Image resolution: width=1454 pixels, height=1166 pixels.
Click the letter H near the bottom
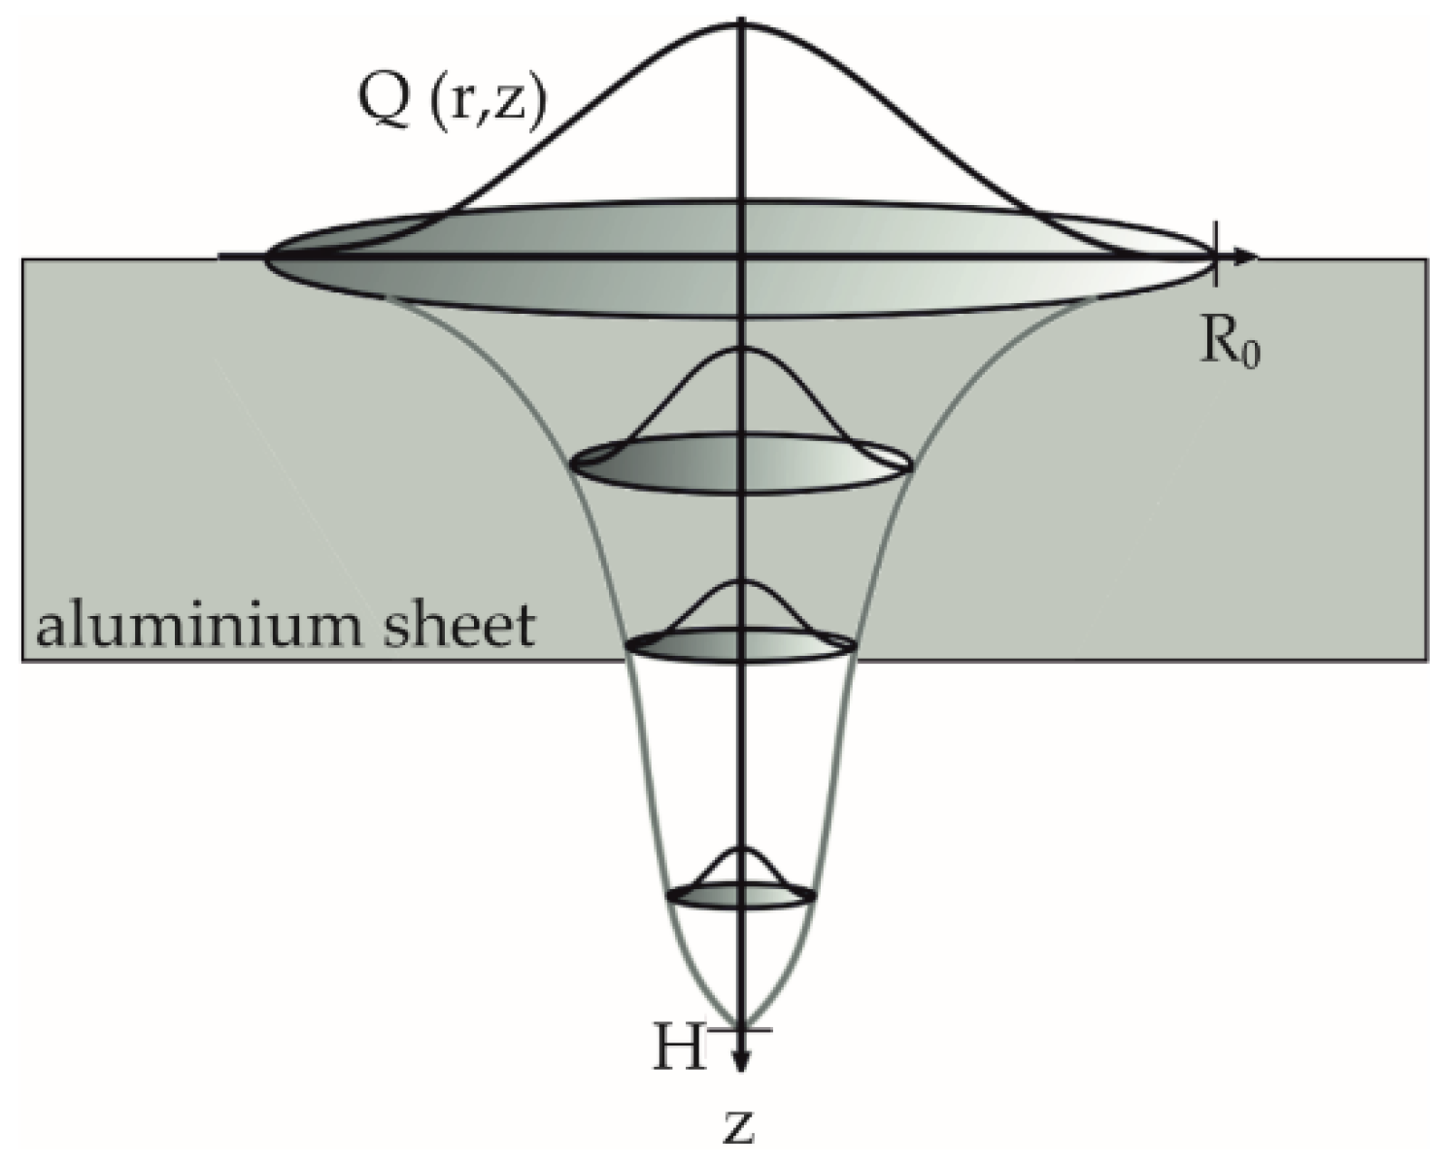(679, 1052)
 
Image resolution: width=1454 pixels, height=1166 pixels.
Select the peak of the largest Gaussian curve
(743, 24)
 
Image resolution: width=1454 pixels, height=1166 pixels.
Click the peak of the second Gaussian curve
(743, 349)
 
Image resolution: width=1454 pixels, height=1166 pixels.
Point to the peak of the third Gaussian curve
(743, 581)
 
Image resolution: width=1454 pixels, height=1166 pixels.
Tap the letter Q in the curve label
(383, 101)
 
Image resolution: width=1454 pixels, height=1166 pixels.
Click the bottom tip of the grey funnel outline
(742, 1024)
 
